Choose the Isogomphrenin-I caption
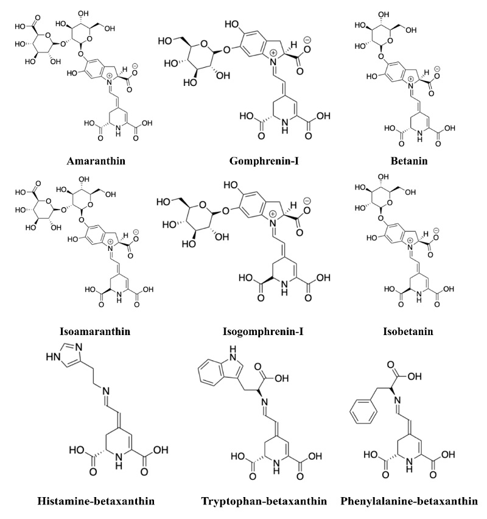[x=263, y=331]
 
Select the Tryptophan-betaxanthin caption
[x=264, y=501]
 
